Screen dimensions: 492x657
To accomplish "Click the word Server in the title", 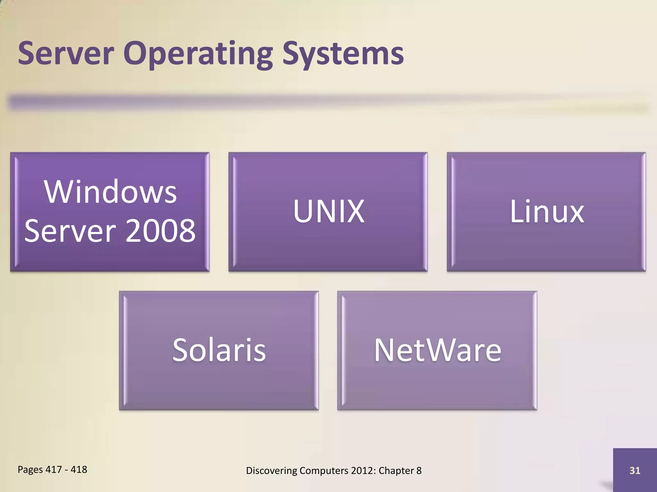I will pyautogui.click(x=66, y=53).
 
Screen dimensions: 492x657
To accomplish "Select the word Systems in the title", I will pyautogui.click(x=343, y=54).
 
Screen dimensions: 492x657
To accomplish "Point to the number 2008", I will pyautogui.click(x=160, y=230).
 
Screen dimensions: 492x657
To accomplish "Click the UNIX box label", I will pyautogui.click(x=328, y=211).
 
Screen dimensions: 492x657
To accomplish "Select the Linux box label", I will pyautogui.click(x=547, y=211).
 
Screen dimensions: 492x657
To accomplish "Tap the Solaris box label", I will pyautogui.click(x=219, y=350).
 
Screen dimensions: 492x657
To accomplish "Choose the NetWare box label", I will pyautogui.click(x=437, y=350).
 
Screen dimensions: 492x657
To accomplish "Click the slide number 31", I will pyautogui.click(x=635, y=471).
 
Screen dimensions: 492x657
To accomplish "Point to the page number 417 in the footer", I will pyautogui.click(x=54, y=470).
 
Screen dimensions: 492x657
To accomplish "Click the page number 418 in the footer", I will pyautogui.click(x=79, y=470).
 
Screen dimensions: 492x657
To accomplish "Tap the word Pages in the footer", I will pyautogui.click(x=30, y=470).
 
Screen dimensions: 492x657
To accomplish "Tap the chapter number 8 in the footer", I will pyautogui.click(x=419, y=471).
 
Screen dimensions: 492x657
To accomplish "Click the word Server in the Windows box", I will pyautogui.click(x=70, y=230).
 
